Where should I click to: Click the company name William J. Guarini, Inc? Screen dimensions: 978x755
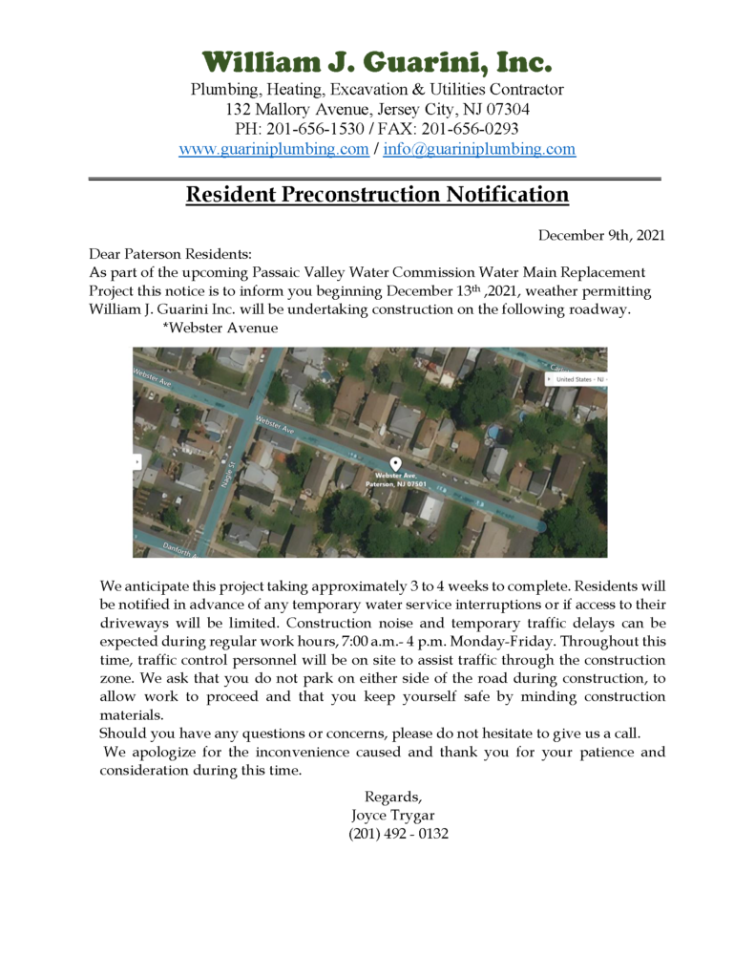(377, 63)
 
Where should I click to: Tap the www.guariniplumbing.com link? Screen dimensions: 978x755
(274, 149)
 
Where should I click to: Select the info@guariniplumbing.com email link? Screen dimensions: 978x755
(479, 149)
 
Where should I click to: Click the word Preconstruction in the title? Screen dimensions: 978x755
(362, 195)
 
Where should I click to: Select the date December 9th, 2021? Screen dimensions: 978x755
(600, 235)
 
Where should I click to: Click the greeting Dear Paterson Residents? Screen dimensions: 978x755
(170, 254)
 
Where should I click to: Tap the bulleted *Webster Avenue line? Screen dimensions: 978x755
(220, 328)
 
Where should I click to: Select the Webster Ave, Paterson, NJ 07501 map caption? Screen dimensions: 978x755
(396, 479)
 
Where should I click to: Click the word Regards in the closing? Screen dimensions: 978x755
(392, 797)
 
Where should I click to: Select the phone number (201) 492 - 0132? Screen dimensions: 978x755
(398, 833)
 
